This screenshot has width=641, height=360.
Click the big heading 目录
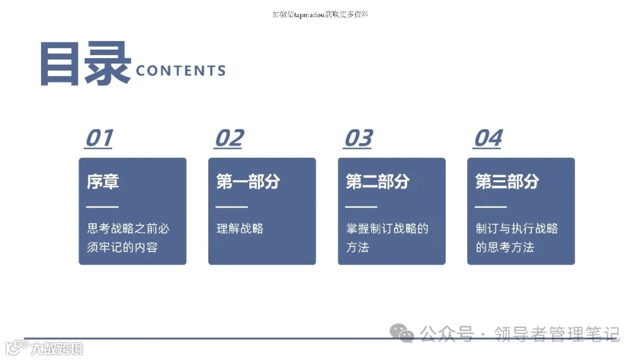(85, 64)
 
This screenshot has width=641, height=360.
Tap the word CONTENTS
(180, 71)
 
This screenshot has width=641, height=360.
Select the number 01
(99, 138)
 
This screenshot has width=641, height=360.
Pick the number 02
(229, 138)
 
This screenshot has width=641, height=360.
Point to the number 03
(358, 138)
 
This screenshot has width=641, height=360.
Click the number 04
(487, 138)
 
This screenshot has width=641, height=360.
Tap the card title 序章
(103, 181)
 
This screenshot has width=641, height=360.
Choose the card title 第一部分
(247, 181)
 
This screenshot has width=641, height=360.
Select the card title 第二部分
(377, 181)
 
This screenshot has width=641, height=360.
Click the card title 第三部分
(507, 181)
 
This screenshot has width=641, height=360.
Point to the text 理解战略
(240, 228)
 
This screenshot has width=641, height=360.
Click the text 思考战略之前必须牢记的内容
(128, 238)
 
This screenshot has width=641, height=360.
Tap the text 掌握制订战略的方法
(387, 238)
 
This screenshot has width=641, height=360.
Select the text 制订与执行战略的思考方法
(516, 238)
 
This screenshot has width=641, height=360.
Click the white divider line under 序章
(103, 207)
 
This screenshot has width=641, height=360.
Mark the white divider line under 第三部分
(491, 207)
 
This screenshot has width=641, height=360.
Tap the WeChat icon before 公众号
(406, 334)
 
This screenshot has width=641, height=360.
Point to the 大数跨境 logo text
(57, 348)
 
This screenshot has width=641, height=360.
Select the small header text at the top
(320, 14)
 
